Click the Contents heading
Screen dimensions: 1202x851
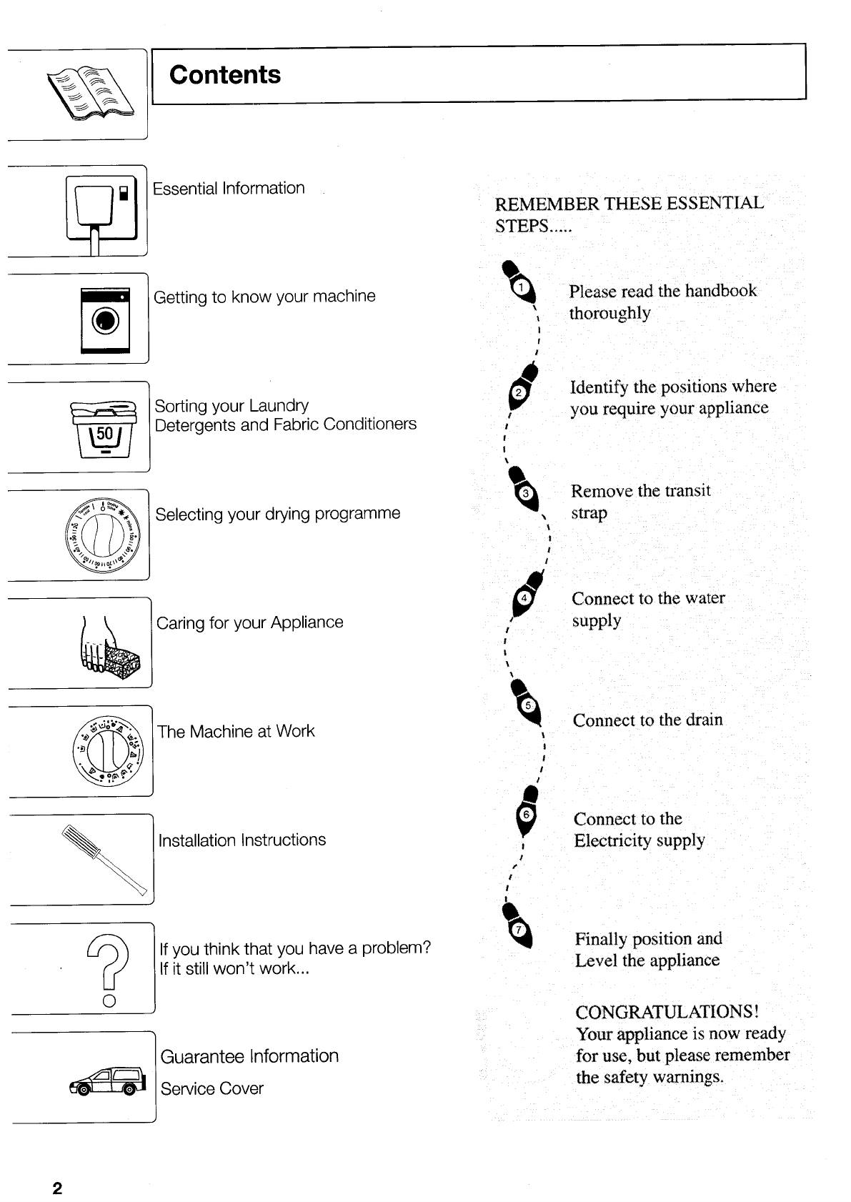[225, 75]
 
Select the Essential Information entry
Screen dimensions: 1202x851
[229, 189]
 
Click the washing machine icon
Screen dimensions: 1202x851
[106, 319]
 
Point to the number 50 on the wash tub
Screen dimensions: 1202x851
[104, 434]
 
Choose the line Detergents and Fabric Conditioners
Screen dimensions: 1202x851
[285, 424]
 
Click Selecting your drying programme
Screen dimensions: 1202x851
[277, 514]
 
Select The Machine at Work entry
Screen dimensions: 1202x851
[236, 731]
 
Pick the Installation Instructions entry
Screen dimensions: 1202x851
[242, 840]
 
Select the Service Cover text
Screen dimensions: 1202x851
[211, 1088]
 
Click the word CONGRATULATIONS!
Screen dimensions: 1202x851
[667, 1012]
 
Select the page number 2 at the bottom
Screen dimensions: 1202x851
[57, 1188]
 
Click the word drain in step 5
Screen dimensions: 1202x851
[704, 720]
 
